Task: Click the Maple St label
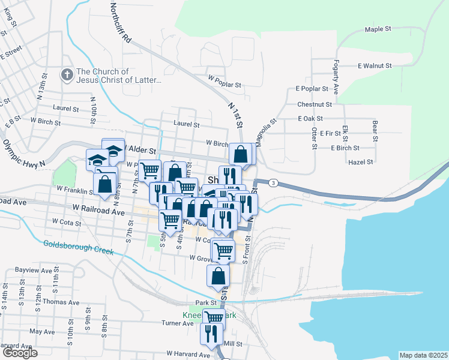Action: coord(378,29)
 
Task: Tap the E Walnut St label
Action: coord(375,65)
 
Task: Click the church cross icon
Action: coord(66,75)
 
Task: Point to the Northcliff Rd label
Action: coord(120,22)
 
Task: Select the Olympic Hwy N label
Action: coord(23,154)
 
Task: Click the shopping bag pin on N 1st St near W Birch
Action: coord(241,154)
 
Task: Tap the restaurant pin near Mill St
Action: coord(211,332)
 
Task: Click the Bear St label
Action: coord(375,131)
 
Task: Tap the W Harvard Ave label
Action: coord(188,354)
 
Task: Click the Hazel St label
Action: coord(361,162)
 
